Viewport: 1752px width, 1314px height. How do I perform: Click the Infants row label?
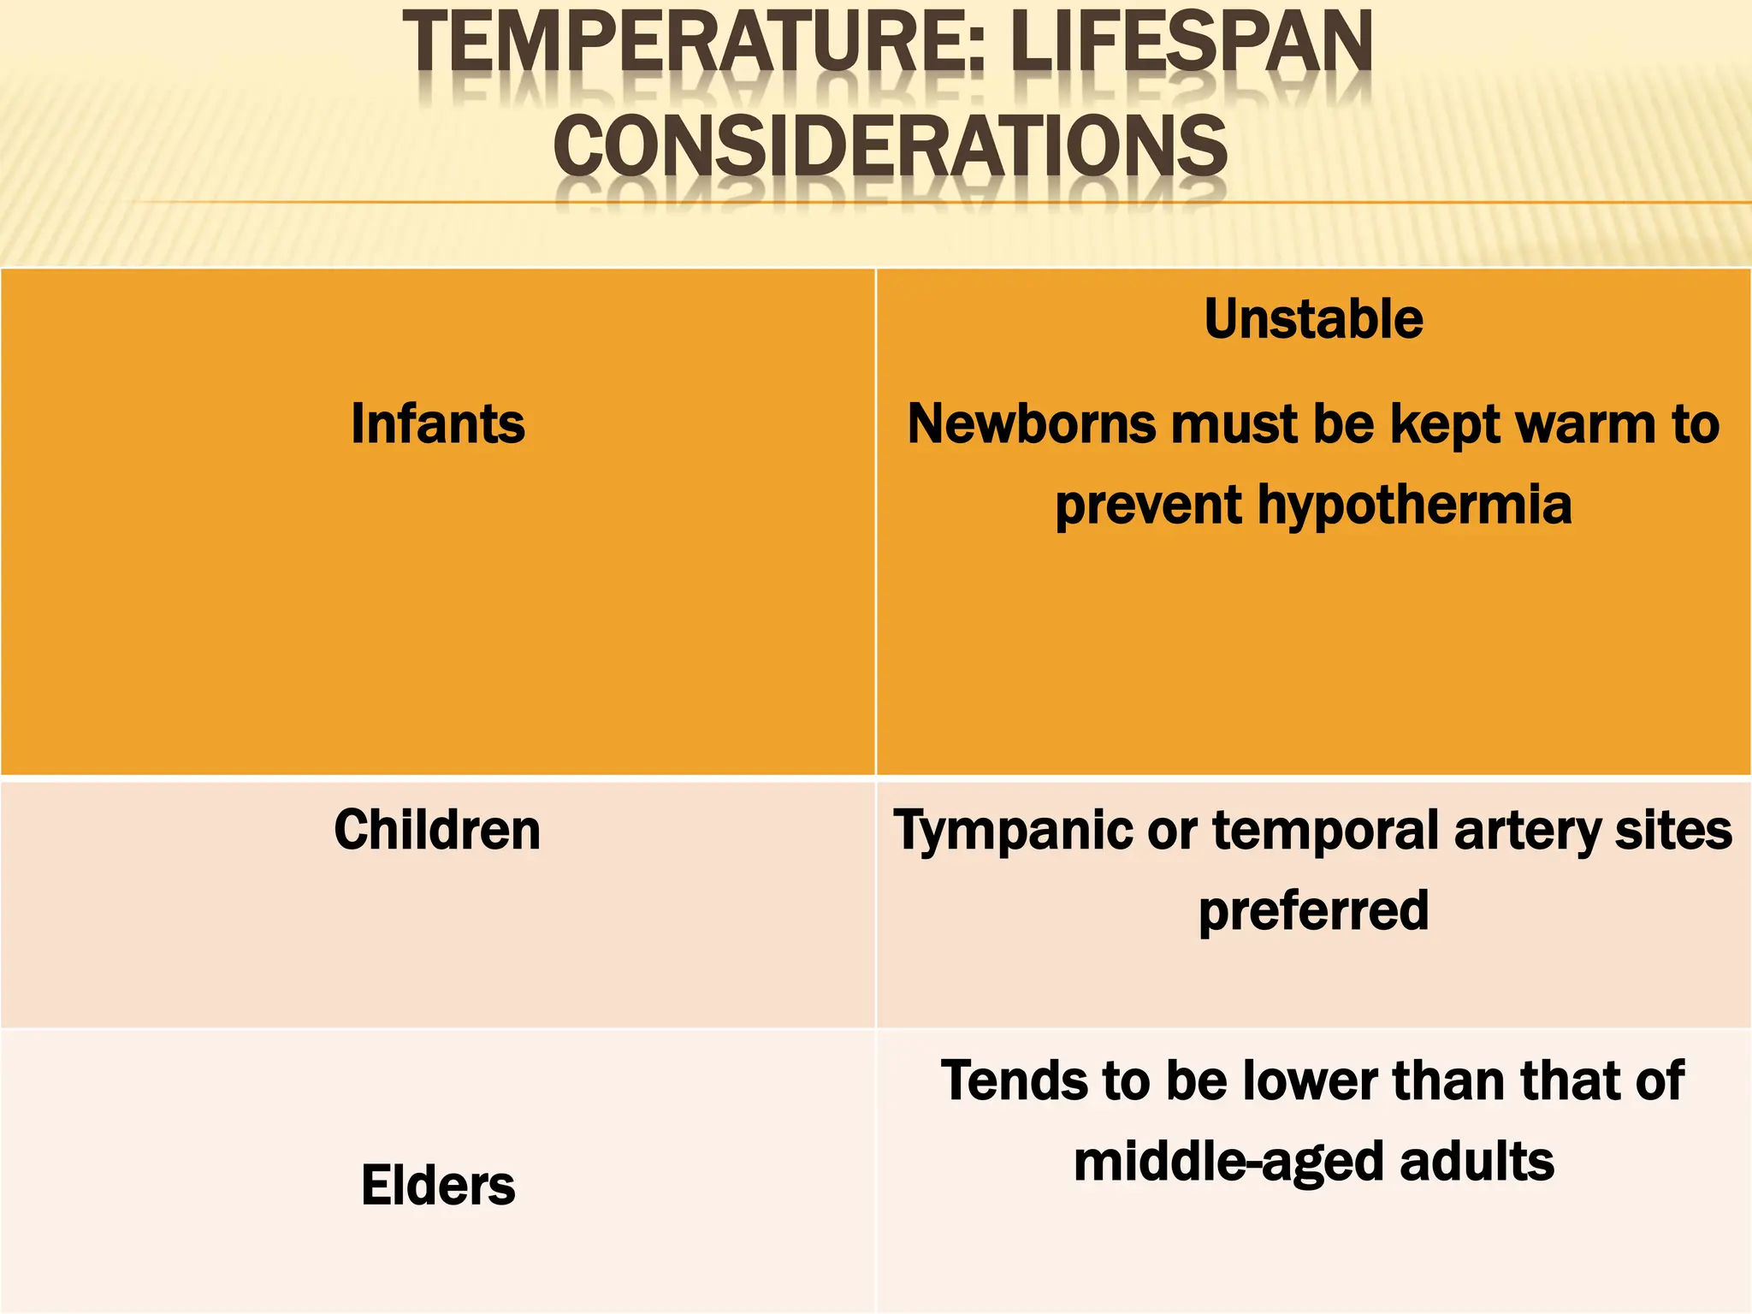click(438, 423)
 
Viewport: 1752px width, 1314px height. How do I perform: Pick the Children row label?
click(437, 830)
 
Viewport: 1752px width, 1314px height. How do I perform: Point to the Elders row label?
click(438, 1185)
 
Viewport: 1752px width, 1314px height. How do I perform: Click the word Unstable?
click(1314, 319)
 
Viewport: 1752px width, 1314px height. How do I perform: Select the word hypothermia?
click(1414, 505)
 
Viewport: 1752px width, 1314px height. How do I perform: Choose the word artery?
click(1526, 832)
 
